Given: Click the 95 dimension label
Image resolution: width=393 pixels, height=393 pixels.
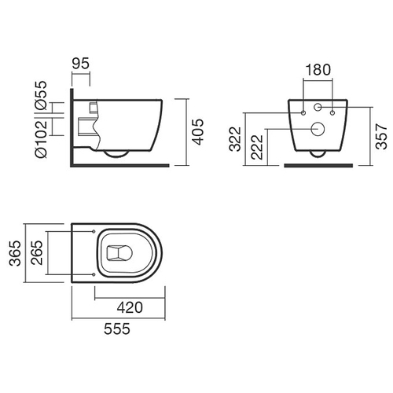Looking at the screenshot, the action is coord(81,64).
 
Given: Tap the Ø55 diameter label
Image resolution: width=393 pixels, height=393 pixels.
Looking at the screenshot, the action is coord(41,95).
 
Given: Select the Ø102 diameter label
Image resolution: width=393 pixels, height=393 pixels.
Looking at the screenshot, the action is coord(41,139).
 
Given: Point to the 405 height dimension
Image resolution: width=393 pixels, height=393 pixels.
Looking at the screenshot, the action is coord(197,132).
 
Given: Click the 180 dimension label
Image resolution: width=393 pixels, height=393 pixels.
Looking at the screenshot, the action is coord(318,70).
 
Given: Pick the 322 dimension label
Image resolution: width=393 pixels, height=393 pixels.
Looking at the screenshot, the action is coord(235,139).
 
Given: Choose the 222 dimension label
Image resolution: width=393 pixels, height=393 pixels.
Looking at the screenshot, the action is coord(257,147).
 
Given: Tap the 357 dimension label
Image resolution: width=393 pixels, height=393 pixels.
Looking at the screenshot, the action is coord(381,137).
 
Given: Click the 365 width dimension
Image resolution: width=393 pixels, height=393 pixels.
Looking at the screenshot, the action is coord(15,253).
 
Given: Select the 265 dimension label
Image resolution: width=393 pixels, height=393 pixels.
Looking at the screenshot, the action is coord(36,252).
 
